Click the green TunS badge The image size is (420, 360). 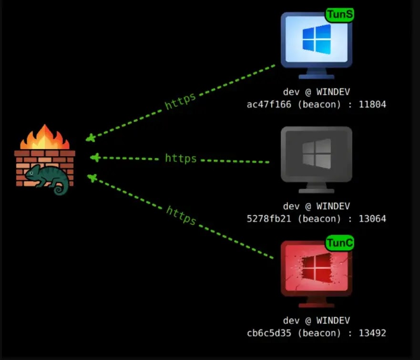tap(340, 15)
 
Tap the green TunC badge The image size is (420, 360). tap(340, 243)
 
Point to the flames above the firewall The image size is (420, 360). tap(44, 138)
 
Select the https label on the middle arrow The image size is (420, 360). tap(181, 158)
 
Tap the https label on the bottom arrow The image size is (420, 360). tap(181, 215)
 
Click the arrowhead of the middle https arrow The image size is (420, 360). tap(94, 157)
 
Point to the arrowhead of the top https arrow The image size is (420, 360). tap(91, 139)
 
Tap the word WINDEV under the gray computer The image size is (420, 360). tap(332, 206)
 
